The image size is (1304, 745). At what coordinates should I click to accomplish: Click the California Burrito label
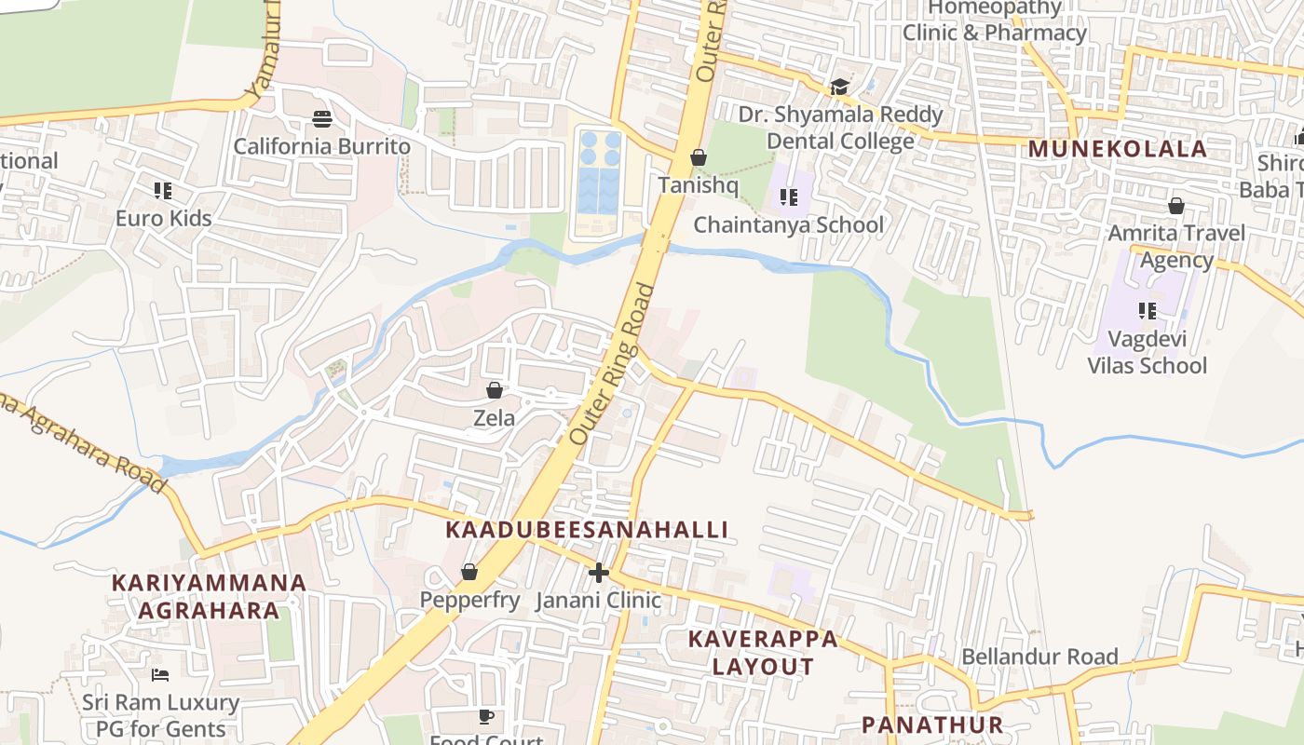pyautogui.click(x=321, y=146)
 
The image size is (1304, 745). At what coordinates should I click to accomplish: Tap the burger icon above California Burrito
pyautogui.click(x=322, y=118)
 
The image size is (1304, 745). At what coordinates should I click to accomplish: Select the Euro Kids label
pyautogui.click(x=163, y=219)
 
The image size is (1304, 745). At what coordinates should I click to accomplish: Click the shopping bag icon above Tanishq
pyautogui.click(x=698, y=158)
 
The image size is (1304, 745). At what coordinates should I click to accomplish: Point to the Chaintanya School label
pyautogui.click(x=788, y=224)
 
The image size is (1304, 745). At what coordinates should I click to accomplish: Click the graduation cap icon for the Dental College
pyautogui.click(x=839, y=88)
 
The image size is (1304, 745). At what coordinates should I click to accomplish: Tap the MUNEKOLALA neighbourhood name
pyautogui.click(x=1117, y=149)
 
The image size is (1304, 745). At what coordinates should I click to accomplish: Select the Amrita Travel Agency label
pyautogui.click(x=1175, y=246)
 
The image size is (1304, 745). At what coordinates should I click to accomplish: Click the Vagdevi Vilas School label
pyautogui.click(x=1147, y=352)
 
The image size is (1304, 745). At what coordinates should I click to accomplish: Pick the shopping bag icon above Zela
pyautogui.click(x=495, y=390)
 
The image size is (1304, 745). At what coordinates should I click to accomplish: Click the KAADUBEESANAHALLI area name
pyautogui.click(x=587, y=530)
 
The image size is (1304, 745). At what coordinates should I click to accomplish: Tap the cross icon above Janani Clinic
pyautogui.click(x=599, y=573)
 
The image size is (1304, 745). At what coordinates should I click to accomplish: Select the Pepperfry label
pyautogui.click(x=469, y=600)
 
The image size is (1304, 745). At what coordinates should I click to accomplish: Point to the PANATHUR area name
pyautogui.click(x=931, y=725)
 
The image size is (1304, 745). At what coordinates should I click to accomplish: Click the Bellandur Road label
pyautogui.click(x=1039, y=657)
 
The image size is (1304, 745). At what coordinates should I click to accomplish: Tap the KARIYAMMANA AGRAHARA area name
pyautogui.click(x=209, y=596)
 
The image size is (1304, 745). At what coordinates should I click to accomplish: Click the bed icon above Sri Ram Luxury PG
pyautogui.click(x=160, y=674)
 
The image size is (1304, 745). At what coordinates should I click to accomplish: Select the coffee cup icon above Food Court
pyautogui.click(x=485, y=716)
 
